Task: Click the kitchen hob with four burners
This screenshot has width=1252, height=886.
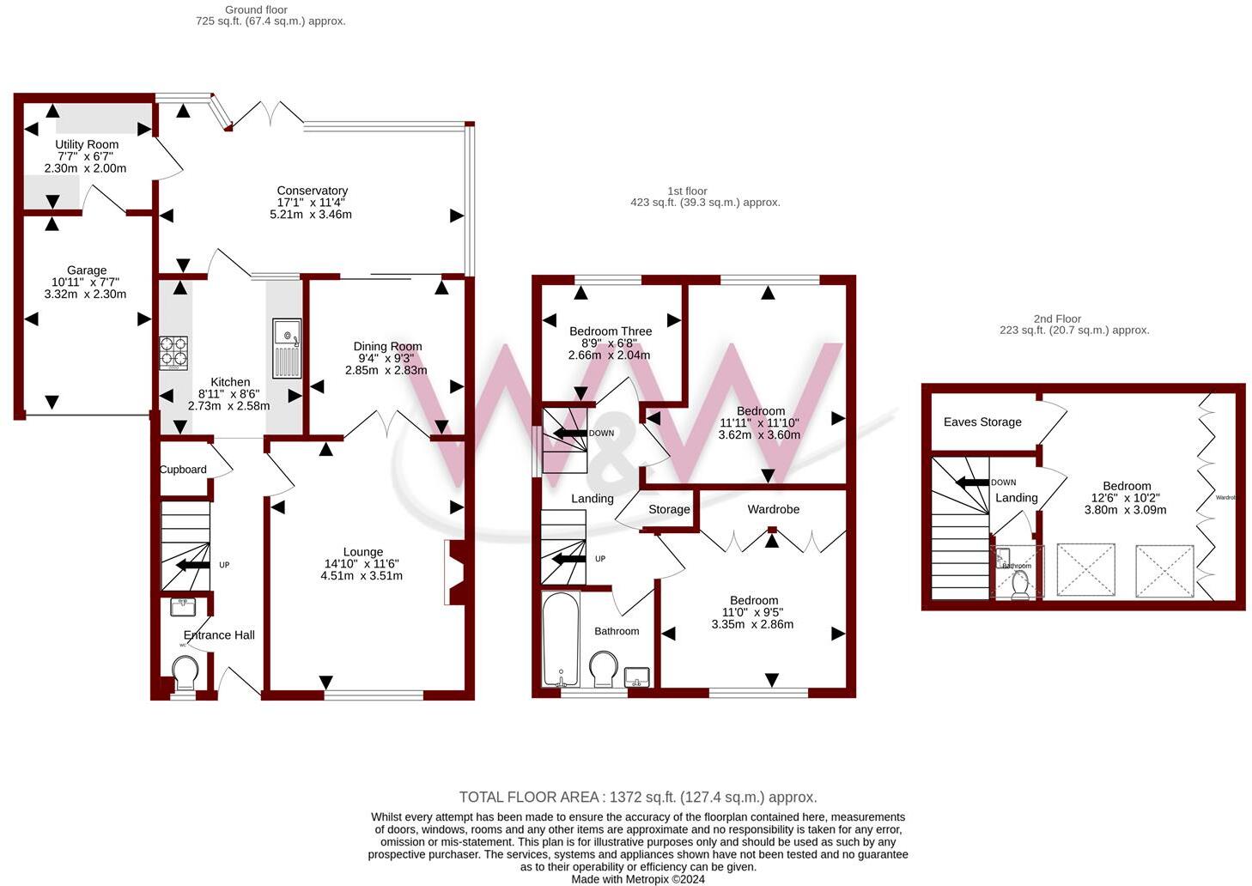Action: (x=173, y=352)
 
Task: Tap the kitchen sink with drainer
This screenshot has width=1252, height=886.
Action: (x=286, y=348)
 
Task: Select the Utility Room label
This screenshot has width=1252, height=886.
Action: (x=87, y=144)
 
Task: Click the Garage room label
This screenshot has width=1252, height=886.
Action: (x=87, y=270)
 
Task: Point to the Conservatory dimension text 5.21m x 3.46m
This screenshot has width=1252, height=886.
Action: (x=311, y=215)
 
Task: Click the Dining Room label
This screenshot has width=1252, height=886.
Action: (x=387, y=346)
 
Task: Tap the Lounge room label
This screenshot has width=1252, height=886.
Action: (x=362, y=552)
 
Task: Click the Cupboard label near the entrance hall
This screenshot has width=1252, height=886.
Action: (x=183, y=470)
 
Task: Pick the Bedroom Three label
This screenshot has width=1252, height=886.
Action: (x=611, y=331)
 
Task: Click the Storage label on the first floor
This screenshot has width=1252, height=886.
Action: (x=669, y=509)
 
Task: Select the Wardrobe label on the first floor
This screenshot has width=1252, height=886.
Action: (x=773, y=509)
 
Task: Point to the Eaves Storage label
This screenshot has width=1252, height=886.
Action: (x=982, y=422)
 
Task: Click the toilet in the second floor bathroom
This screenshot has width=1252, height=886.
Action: (x=1020, y=585)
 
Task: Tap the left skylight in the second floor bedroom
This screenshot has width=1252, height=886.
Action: (x=1085, y=569)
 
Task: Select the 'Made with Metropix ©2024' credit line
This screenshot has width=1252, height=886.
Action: (x=638, y=879)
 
